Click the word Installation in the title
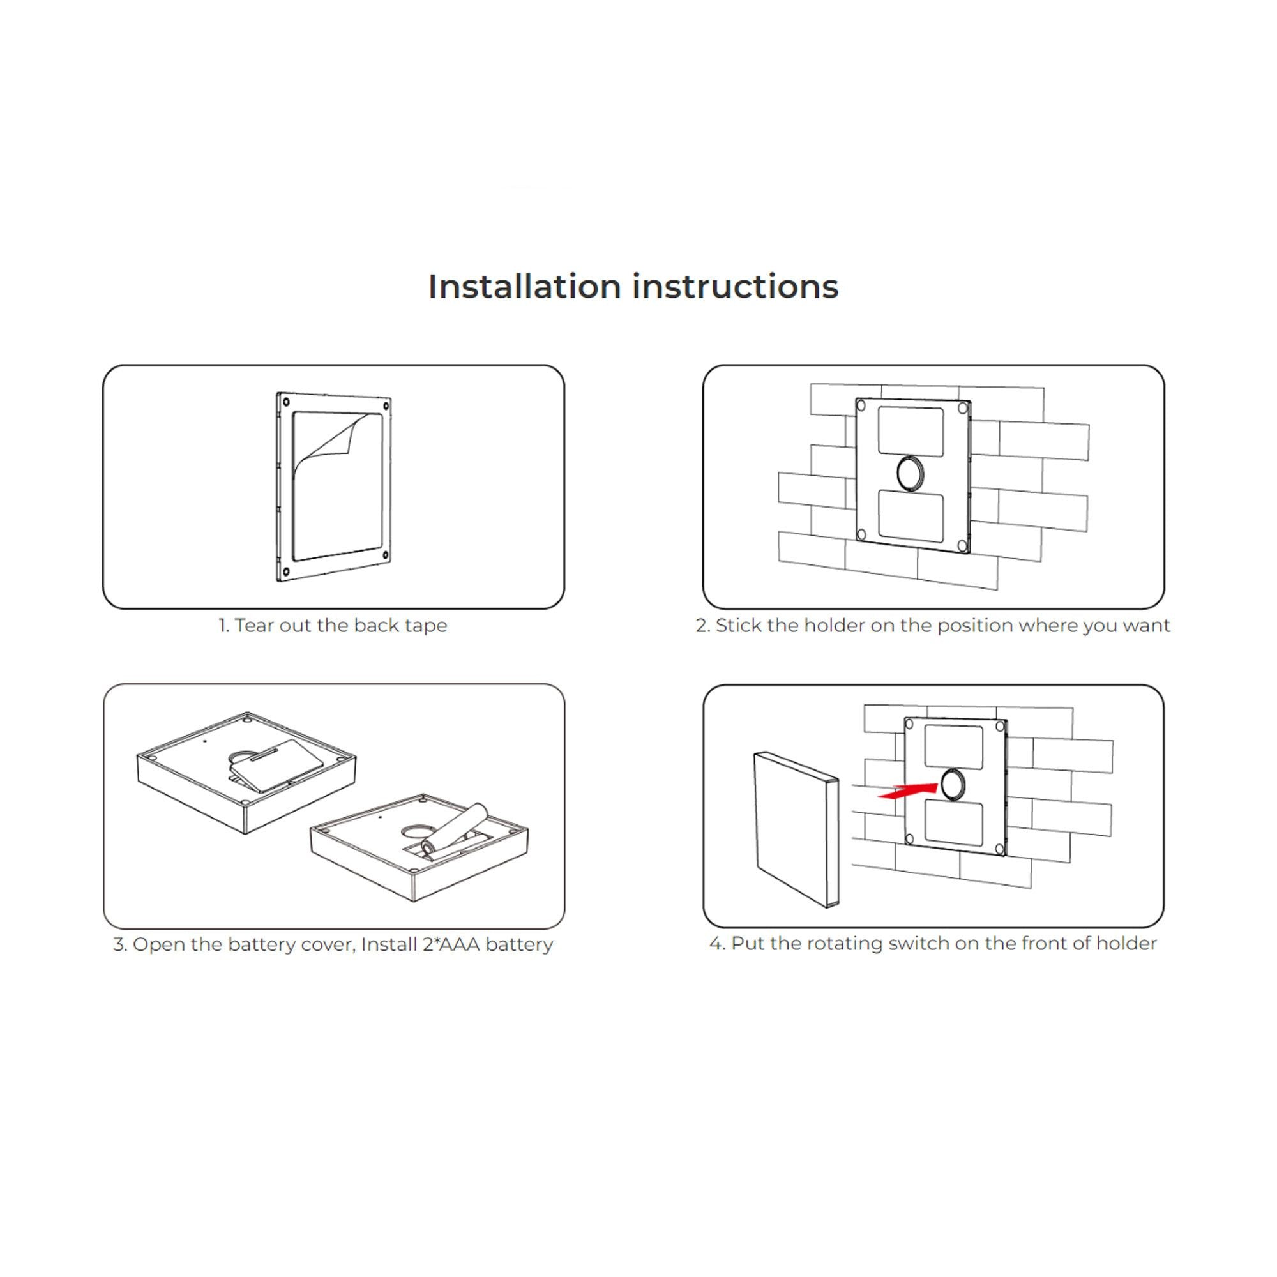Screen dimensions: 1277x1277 (524, 287)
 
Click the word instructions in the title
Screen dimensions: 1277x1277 (735, 287)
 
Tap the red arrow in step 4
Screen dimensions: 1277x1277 (907, 791)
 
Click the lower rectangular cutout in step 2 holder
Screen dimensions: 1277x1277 (911, 515)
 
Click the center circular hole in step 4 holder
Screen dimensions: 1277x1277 (953, 785)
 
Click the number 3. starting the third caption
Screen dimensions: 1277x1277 (119, 944)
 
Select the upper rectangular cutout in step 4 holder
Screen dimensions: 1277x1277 (953, 747)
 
